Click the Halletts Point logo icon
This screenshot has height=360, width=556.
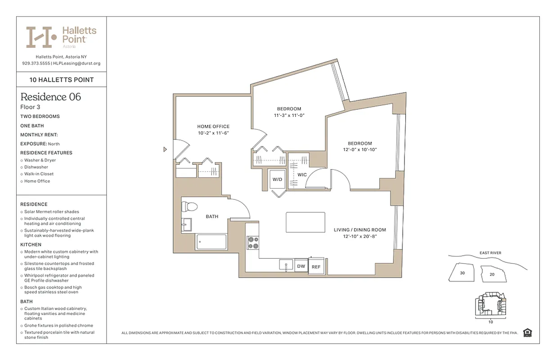41,37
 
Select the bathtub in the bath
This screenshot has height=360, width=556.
211,242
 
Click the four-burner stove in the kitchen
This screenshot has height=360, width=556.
253,243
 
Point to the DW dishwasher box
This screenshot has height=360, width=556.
301,266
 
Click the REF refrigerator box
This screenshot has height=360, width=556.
316,267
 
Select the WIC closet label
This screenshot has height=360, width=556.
302,174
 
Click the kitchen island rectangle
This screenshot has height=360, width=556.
305,222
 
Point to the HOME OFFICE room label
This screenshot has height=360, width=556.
213,126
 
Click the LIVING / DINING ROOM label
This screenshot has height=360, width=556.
359,230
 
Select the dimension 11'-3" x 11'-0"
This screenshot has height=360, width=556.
289,116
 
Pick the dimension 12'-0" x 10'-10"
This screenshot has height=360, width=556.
359,150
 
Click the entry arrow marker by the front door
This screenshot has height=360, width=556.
165,149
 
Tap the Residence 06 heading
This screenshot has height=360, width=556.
51,97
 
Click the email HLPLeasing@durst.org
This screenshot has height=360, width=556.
76,63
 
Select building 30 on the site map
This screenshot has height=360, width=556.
462,273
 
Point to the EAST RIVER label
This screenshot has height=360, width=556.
490,253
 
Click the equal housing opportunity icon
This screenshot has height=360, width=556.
528,333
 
